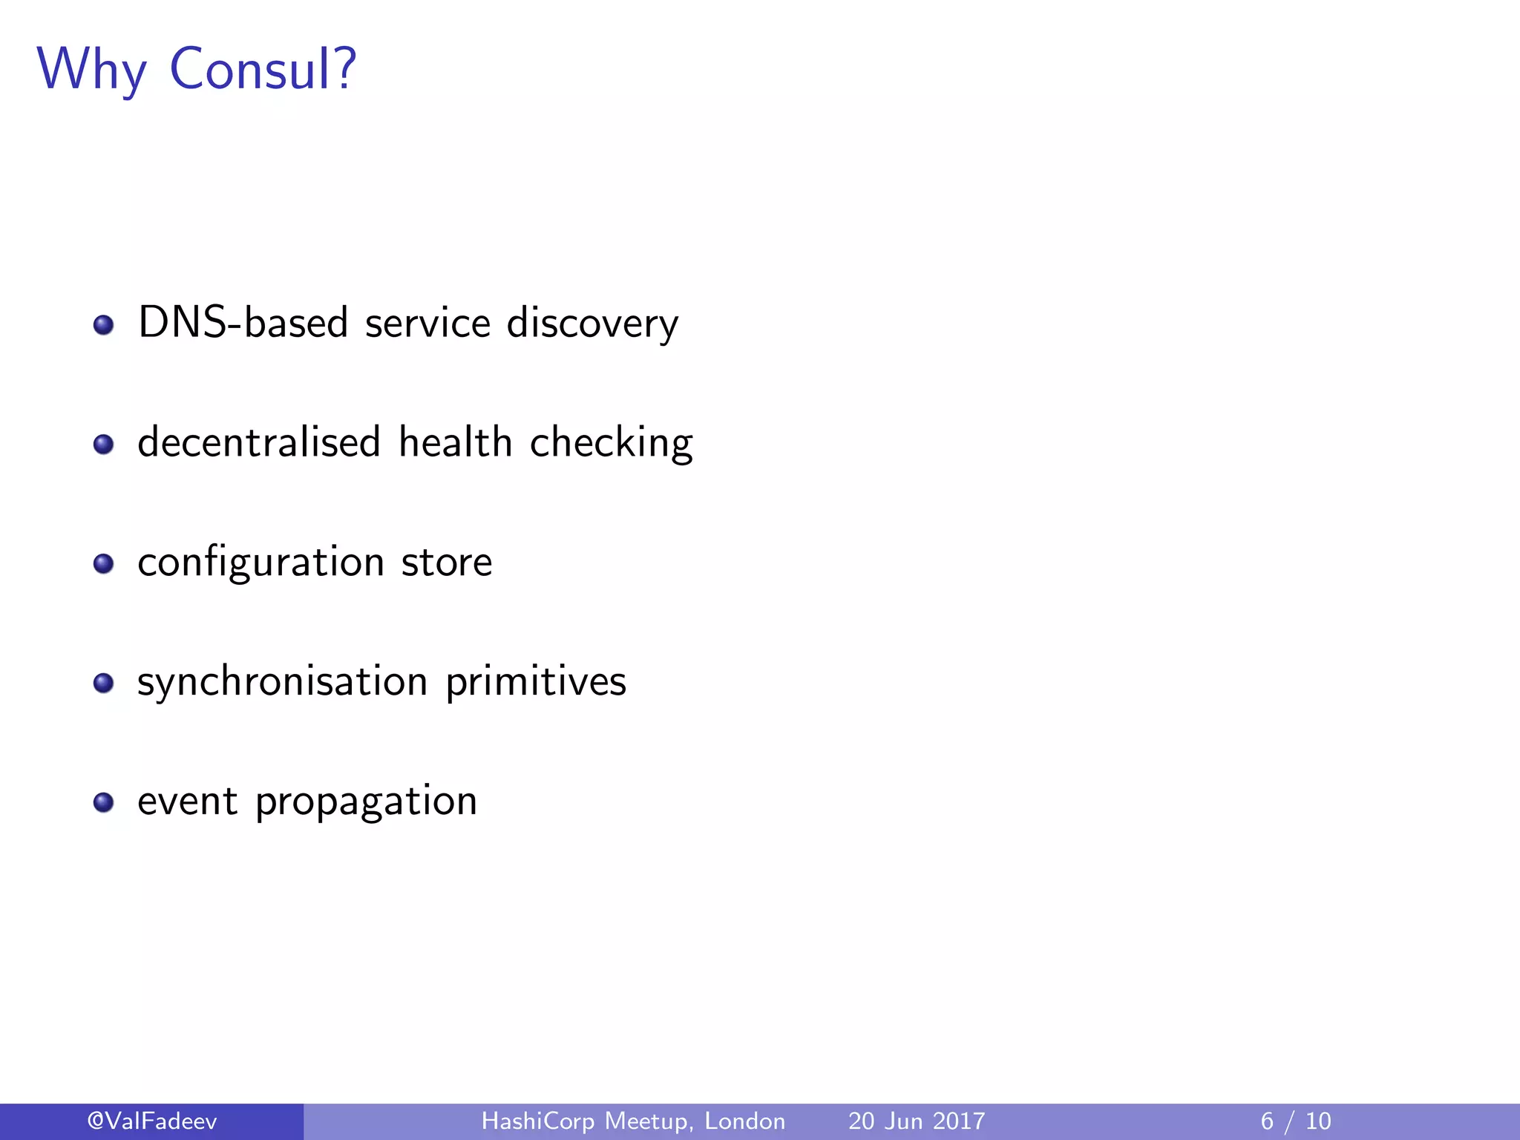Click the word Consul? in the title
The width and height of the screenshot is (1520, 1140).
pyautogui.click(x=263, y=69)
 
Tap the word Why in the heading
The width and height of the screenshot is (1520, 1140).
pyautogui.click(x=92, y=69)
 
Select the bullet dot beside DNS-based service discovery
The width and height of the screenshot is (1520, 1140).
pyautogui.click(x=104, y=325)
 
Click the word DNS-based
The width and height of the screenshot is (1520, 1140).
pyautogui.click(x=243, y=324)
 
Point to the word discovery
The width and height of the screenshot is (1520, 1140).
pyautogui.click(x=592, y=324)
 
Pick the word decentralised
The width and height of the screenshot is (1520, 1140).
pyautogui.click(x=259, y=442)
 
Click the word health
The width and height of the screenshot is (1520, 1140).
pyautogui.click(x=455, y=442)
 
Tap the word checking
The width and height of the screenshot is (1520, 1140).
pyautogui.click(x=611, y=444)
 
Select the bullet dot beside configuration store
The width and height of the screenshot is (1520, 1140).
pyautogui.click(x=104, y=564)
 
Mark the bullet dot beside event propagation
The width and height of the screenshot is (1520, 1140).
pyautogui.click(x=104, y=802)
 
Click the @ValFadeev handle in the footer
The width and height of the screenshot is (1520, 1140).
pyautogui.click(x=152, y=1121)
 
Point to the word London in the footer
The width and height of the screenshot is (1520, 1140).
pyautogui.click(x=744, y=1121)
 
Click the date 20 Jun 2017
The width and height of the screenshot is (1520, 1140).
pyautogui.click(x=917, y=1121)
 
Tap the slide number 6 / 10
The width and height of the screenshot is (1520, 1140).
pyautogui.click(x=1296, y=1121)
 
